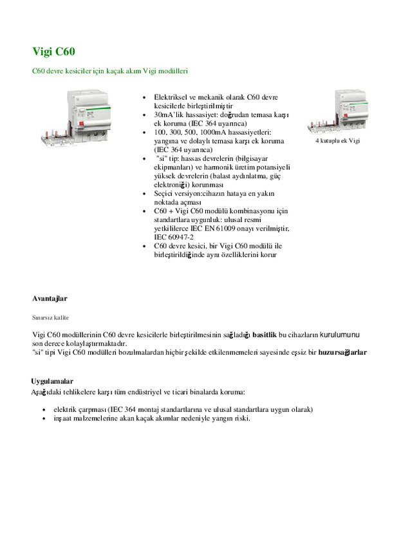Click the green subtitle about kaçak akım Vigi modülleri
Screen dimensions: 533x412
point(109,70)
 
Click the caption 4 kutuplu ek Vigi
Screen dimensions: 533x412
point(337,140)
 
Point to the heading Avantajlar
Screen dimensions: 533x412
point(50,298)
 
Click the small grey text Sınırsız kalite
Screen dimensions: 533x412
point(50,317)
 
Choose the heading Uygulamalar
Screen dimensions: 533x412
point(52,381)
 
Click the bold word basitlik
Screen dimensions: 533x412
point(265,334)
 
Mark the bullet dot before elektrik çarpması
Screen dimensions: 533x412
point(43,409)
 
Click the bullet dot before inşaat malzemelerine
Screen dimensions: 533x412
point(43,418)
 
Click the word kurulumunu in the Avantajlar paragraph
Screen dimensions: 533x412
point(340,334)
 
